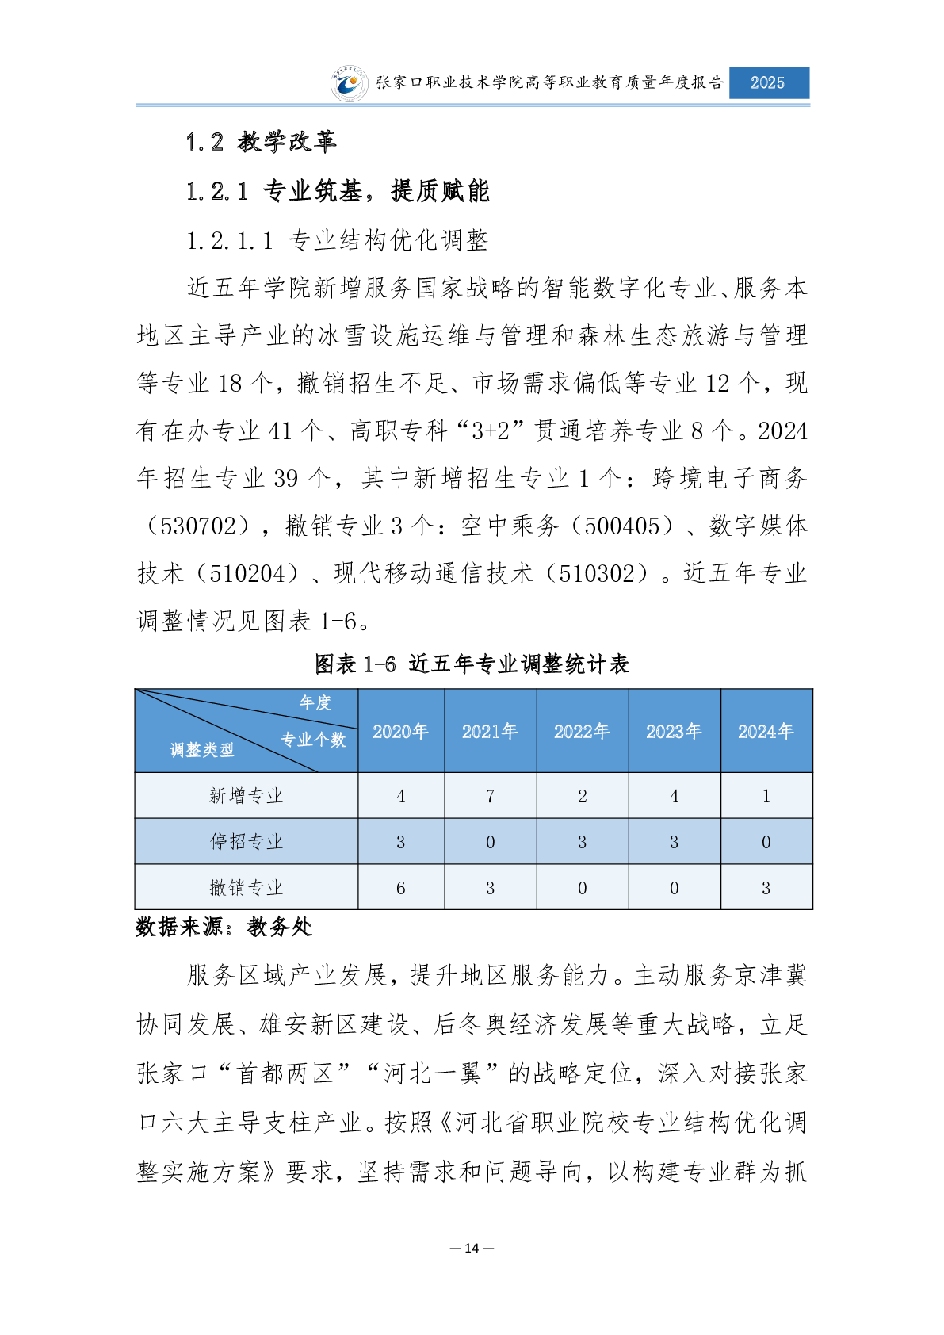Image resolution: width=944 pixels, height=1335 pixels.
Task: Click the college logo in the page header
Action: (x=350, y=83)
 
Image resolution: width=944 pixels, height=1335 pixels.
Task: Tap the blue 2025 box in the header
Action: (x=768, y=82)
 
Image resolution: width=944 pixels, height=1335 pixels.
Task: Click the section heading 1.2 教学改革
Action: (x=261, y=142)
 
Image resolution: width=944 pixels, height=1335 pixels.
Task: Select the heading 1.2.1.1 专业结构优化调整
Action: (x=337, y=240)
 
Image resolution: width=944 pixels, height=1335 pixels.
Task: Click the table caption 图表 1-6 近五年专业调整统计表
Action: (x=472, y=664)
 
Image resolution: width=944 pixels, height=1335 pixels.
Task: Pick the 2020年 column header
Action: (x=400, y=731)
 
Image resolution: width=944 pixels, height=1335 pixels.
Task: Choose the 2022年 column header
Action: (x=582, y=731)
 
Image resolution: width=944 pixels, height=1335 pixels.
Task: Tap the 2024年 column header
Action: (x=766, y=731)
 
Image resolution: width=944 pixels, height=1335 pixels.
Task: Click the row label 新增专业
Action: (x=246, y=795)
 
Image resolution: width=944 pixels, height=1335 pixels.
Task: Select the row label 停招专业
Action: (x=246, y=841)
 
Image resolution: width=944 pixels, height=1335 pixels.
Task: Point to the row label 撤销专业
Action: (x=246, y=887)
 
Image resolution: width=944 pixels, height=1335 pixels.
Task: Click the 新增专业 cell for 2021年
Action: (x=490, y=796)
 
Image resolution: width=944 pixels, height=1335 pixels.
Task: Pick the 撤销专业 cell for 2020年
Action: (x=400, y=888)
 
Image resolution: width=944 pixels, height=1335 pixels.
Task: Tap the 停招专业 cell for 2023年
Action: (x=674, y=842)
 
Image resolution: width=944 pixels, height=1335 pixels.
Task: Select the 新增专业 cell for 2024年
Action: (x=766, y=796)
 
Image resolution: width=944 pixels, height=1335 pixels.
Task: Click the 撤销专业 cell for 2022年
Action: (x=582, y=888)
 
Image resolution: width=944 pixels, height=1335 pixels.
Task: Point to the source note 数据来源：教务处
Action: (x=224, y=927)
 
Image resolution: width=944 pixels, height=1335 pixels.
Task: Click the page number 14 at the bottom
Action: (x=472, y=1248)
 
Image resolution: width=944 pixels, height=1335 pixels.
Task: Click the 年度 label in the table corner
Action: (x=315, y=702)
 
